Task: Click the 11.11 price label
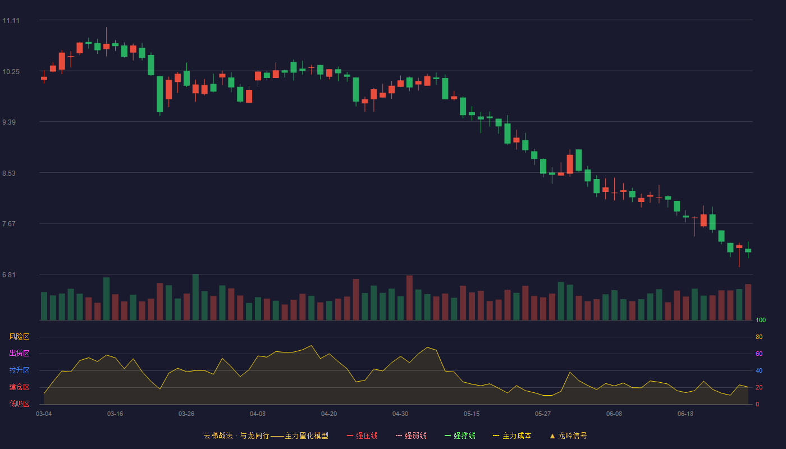pos(11,21)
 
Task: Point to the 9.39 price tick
pos(9,122)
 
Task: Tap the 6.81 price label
pos(9,274)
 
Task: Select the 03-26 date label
pos(186,414)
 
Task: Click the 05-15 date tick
pos(472,414)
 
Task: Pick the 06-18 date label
pos(686,414)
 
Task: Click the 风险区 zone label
pos(19,337)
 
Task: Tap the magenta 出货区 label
pos(19,353)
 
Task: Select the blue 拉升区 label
pos(19,370)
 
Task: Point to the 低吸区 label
pos(19,404)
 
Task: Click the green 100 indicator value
pos(761,320)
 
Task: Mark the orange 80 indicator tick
pos(759,337)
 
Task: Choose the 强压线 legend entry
pos(362,436)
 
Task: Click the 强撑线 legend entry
pos(460,436)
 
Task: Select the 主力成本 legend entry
pos(512,436)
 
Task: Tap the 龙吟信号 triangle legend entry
pos(568,436)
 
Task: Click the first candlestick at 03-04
pos(44,78)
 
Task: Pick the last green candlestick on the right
pos(748,250)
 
